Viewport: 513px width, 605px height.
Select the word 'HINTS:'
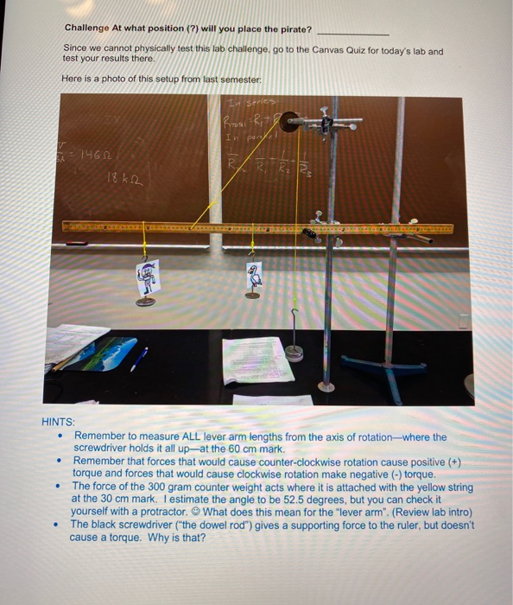58,423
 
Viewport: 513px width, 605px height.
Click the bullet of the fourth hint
58,524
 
